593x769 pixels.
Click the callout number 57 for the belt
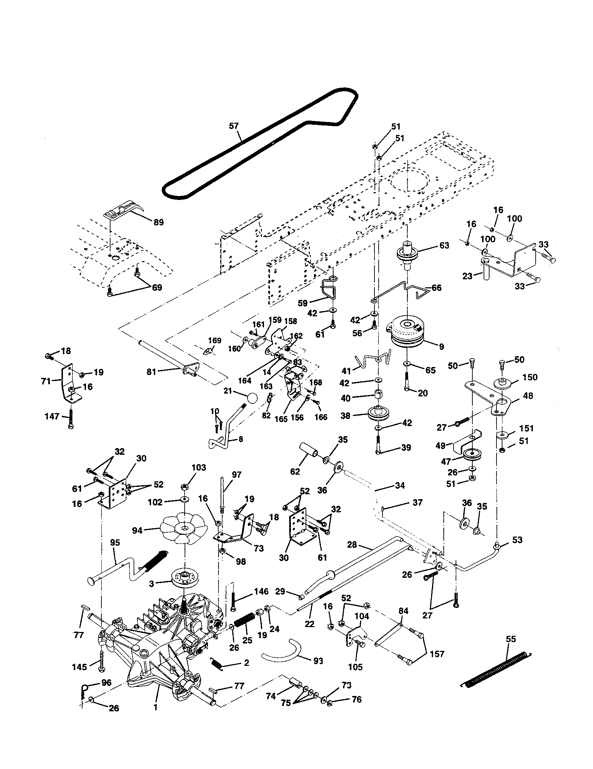point(234,126)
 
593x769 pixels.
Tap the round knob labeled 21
point(252,399)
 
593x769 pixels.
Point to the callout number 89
point(158,222)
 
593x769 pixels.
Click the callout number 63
point(444,245)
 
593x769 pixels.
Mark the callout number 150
point(530,377)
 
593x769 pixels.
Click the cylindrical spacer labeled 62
point(308,450)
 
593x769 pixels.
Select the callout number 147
point(52,417)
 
